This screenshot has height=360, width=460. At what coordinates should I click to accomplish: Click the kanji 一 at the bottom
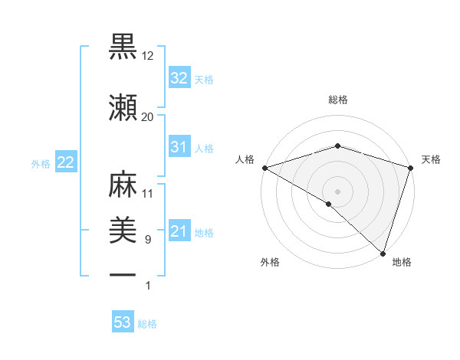[x=123, y=274]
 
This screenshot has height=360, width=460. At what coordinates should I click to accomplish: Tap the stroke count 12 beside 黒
[x=148, y=57]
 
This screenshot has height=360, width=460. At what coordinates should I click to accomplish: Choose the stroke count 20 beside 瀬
[x=148, y=116]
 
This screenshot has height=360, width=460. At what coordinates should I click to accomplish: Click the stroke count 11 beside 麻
[x=148, y=194]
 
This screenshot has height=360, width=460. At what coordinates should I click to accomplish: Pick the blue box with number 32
[x=179, y=78]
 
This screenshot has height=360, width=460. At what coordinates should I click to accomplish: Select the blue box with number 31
[x=179, y=147]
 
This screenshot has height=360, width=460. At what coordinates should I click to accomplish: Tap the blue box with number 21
[x=179, y=231]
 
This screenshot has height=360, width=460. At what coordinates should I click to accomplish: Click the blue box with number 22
[x=65, y=162]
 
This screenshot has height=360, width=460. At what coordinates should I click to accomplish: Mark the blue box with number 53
[x=123, y=322]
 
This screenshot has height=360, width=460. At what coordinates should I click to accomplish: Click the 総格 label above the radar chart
[x=337, y=100]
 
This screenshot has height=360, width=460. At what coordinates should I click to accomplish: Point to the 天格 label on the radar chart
[x=431, y=159]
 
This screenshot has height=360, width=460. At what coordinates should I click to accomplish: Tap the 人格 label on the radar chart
[x=245, y=159]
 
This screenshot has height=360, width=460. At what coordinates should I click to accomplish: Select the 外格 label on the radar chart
[x=270, y=262]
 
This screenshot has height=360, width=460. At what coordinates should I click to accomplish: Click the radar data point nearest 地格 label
[x=383, y=253]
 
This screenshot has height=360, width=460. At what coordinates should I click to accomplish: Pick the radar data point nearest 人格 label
[x=264, y=167]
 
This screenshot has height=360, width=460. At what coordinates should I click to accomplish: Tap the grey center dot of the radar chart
[x=337, y=191]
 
